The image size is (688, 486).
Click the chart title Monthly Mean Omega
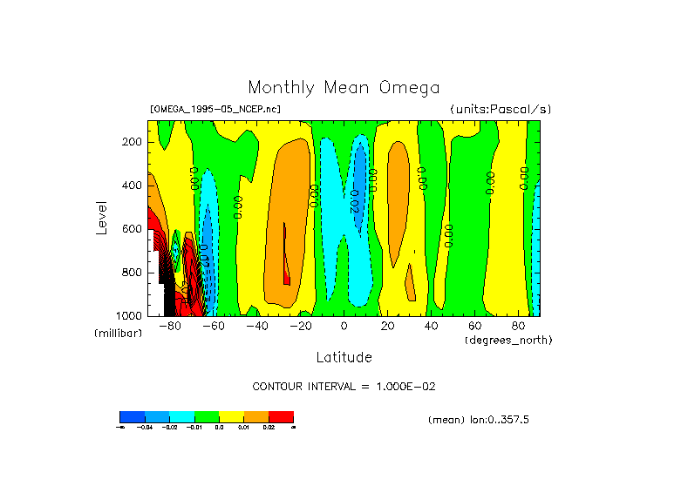coord(344,88)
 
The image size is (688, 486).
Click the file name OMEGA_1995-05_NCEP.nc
coord(215,109)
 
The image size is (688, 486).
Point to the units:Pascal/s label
coord(501,109)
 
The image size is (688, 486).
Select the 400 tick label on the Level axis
coord(133,186)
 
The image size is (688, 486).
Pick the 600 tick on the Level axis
coord(133,229)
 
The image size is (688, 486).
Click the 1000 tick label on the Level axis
coord(130,315)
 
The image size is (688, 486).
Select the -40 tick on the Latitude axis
coord(256,326)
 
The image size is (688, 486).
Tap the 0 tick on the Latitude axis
coord(344,326)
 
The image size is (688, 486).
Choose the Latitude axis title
coord(344,357)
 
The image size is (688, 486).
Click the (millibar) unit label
coord(118,334)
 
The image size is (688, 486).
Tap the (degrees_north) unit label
coord(508,340)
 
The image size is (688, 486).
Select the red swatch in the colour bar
coord(281,416)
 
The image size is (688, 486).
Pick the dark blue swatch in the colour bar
coord(132,416)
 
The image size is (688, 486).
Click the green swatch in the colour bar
coord(207,416)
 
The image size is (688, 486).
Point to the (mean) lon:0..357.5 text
coord(479,420)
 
